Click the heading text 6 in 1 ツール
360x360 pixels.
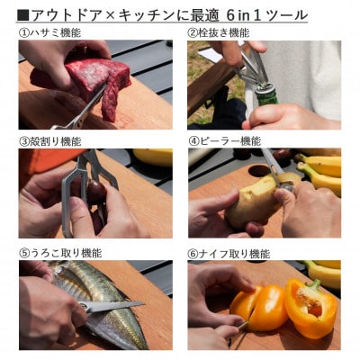point(267,14)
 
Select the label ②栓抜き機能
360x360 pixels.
point(219,32)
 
